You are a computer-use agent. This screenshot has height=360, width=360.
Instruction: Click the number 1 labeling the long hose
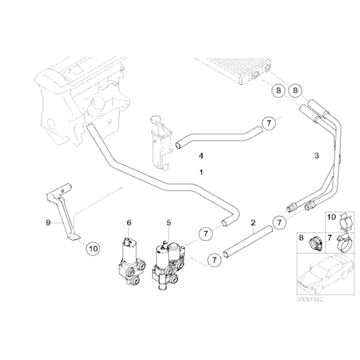tap(200, 171)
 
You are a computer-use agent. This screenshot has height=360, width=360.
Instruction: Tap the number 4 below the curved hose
tap(200, 155)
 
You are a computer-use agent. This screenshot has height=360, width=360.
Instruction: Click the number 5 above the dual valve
tap(168, 222)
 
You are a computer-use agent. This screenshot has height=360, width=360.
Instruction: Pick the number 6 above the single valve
tap(129, 222)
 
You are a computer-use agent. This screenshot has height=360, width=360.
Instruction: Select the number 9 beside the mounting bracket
tap(47, 220)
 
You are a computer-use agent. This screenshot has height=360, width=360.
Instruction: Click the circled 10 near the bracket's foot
tap(91, 249)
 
